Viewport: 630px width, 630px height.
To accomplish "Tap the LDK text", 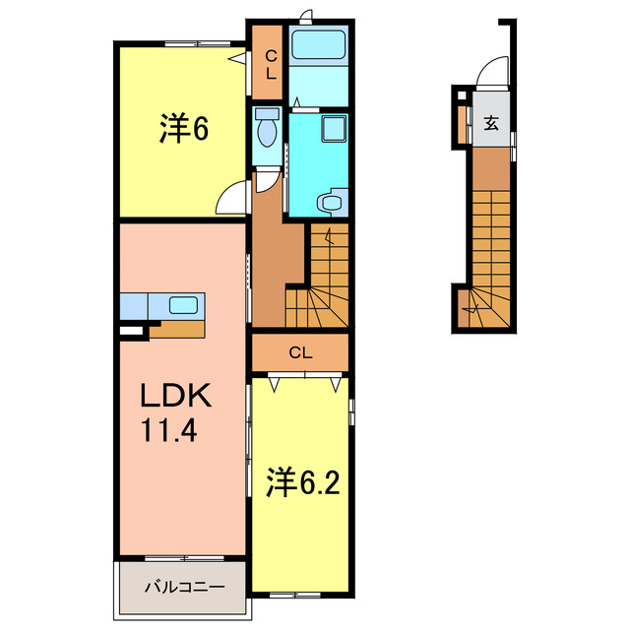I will [174, 396].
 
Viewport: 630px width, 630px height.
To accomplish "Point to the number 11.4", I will [172, 431].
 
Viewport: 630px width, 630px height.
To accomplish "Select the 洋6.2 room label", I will [300, 482].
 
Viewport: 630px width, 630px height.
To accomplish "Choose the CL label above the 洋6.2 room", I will [300, 352].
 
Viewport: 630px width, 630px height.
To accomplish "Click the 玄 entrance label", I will [490, 124].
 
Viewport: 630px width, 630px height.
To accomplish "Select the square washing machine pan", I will [335, 129].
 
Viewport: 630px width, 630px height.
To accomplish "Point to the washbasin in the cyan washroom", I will [331, 203].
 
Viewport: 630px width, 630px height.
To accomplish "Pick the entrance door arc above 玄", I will [488, 75].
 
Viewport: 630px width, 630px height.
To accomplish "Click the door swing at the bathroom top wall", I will [308, 16].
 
